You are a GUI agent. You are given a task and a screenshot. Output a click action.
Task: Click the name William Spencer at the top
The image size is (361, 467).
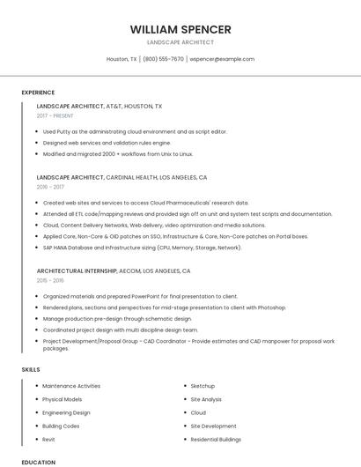pos(180,29)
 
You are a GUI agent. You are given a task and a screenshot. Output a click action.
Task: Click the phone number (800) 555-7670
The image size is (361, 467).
pos(163,59)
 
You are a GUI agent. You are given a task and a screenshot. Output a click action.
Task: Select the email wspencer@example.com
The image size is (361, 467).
pos(222,59)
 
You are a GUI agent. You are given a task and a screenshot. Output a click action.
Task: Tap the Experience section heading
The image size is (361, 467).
pos(38,93)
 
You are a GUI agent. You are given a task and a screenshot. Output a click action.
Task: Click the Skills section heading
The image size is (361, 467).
pos(31,369)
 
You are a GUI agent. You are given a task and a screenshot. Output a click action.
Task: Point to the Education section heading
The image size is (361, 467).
pos(38,462)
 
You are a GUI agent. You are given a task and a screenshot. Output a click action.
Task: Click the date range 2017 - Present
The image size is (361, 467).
pos(55,115)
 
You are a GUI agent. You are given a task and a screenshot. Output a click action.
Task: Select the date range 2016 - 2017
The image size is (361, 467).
pos(50,187)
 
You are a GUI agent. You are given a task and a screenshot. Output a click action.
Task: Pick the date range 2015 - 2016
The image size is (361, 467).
pos(50,280)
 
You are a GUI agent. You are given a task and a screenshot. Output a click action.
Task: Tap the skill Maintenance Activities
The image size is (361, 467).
pos(71,386)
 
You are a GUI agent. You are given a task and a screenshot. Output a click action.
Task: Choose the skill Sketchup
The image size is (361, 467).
pos(203,386)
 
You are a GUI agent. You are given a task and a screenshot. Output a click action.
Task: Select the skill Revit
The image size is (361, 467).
pos(48,439)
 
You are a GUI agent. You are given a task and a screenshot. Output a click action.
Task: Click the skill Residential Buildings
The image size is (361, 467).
pos(216,439)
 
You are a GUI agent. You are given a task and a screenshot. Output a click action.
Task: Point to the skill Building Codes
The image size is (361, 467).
pos(61,426)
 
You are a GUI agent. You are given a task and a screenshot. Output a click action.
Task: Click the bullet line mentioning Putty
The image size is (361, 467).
pos(135,131)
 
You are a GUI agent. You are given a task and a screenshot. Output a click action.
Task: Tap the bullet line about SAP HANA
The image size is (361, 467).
pos(142,248)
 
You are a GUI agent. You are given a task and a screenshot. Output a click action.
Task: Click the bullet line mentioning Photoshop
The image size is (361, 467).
pos(164,308)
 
